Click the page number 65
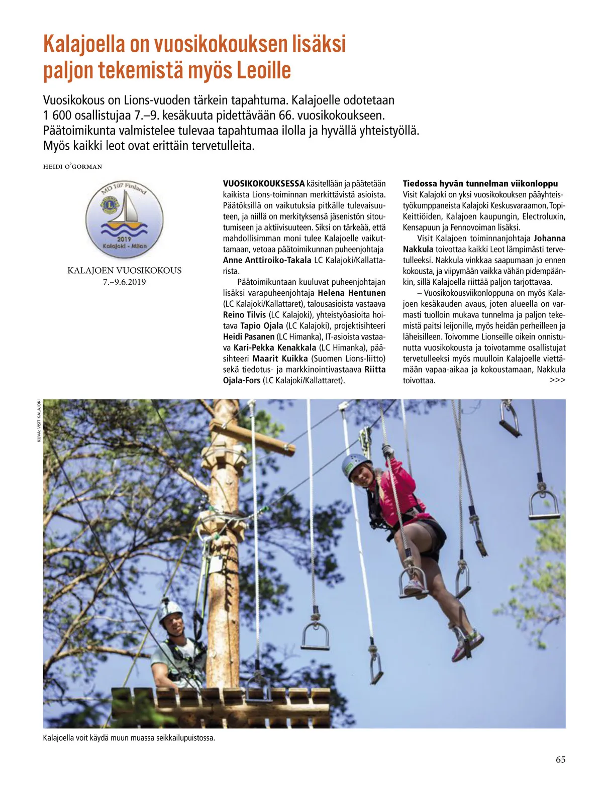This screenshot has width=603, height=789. (560, 760)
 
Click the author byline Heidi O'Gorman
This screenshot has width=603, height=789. (72, 167)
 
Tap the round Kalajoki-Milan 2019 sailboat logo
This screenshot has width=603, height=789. (124, 219)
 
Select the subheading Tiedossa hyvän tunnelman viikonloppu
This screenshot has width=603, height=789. (480, 184)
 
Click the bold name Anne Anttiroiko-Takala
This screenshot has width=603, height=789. (267, 260)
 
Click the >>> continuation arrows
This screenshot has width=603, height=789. (557, 380)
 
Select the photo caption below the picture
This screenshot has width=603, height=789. (129, 738)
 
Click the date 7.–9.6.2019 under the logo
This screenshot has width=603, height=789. (124, 282)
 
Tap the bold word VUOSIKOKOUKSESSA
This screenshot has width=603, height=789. (264, 184)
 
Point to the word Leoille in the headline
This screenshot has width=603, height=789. (264, 70)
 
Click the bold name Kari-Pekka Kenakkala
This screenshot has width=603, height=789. (275, 348)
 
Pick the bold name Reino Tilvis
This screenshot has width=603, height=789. (244, 315)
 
